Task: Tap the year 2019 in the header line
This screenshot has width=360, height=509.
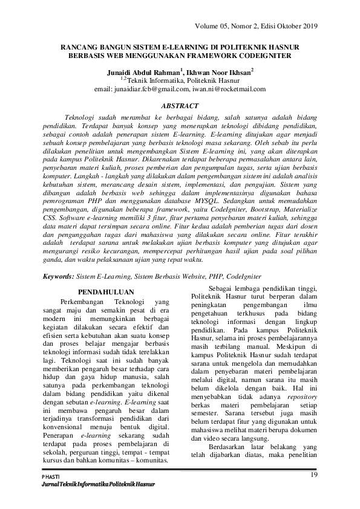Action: (309, 25)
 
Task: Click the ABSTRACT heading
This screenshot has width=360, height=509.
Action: (180, 105)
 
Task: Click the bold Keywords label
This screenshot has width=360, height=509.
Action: (58, 276)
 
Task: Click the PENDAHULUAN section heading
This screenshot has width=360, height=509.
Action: (106, 291)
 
